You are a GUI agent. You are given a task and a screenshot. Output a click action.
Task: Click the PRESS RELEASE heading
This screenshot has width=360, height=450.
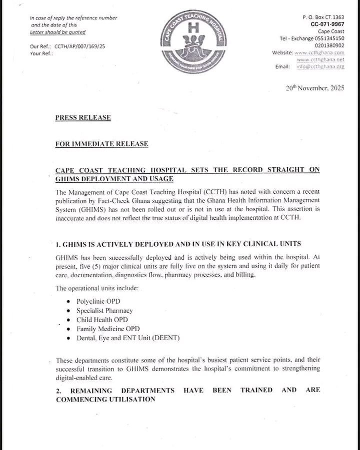83,117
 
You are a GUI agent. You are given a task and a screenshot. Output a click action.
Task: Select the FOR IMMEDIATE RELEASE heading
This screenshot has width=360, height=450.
102,144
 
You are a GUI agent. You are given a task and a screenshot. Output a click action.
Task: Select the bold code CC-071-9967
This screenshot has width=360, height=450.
327,24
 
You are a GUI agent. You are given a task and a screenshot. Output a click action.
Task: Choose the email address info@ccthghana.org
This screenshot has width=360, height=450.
324,66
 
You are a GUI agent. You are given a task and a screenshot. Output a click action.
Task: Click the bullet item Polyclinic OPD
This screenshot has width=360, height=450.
98,301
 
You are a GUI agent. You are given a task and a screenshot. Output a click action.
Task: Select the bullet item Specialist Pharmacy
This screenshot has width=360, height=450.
104,311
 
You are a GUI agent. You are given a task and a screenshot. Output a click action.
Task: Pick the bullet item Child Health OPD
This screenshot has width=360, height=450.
102,320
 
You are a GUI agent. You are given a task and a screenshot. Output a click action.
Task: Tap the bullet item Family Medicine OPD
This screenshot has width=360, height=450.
108,329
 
